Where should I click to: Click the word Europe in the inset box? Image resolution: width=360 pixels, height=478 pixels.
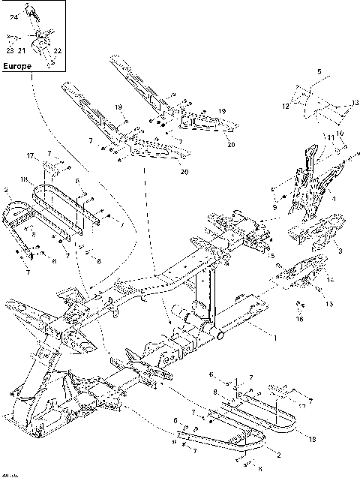(x=18, y=65)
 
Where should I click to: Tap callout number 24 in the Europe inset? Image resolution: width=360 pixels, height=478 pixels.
(x=13, y=17)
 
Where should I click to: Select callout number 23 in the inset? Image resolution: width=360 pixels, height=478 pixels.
(x=9, y=51)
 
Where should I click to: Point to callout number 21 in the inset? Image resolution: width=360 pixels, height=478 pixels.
(x=22, y=51)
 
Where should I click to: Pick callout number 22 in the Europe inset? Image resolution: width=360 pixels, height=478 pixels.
(x=57, y=51)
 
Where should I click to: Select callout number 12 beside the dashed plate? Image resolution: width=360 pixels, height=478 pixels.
(x=285, y=107)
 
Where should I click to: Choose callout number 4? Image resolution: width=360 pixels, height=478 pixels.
(x=333, y=200)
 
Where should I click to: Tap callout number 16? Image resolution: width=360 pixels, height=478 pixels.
(x=300, y=320)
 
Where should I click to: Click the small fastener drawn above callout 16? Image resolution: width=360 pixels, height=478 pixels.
(x=298, y=304)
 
